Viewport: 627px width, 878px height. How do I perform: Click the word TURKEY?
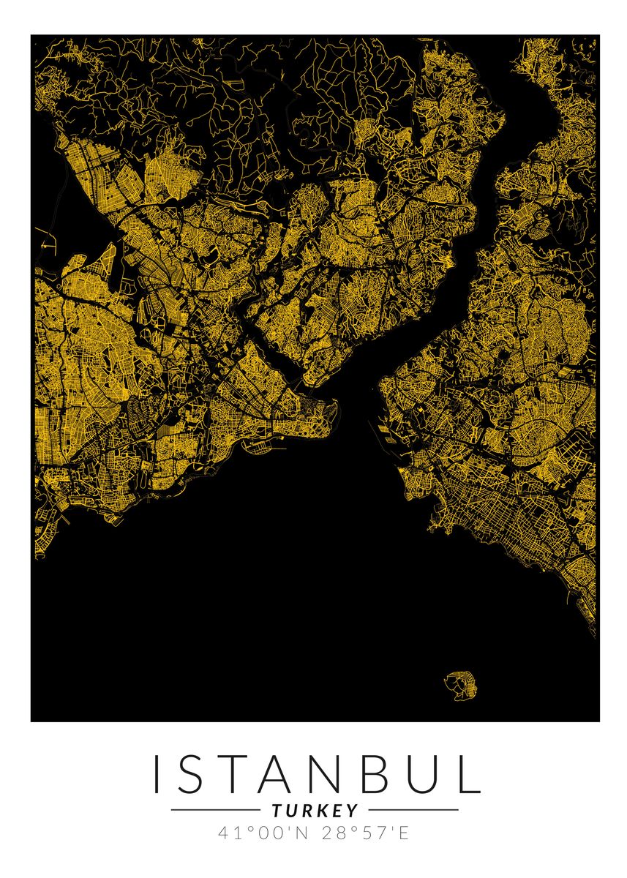pos(315,811)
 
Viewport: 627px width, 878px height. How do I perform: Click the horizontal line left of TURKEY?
pos(216,810)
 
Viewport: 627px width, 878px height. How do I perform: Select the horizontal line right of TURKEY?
pos(413,810)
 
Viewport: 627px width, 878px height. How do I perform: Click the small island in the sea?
pos(459,683)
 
